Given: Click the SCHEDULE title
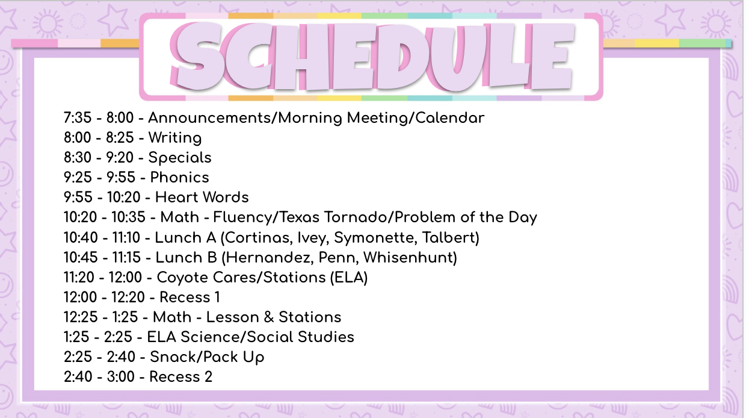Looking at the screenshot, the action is pos(372,57).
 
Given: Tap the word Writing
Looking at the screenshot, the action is pos(175,138).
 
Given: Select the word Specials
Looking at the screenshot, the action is pos(180,158).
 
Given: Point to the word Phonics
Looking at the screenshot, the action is pos(179,177).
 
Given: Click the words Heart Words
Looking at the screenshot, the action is pos(202,198).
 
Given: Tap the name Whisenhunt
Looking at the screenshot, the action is pos(410,258).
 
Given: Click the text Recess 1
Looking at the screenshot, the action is pos(190,298).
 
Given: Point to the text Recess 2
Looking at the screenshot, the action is pos(181,377).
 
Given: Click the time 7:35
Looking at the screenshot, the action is pos(78,117).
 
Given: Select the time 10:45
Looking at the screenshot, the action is pos(77,258).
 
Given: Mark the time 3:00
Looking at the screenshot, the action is pos(120,377).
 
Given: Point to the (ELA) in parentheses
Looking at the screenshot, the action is pos(349,278).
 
